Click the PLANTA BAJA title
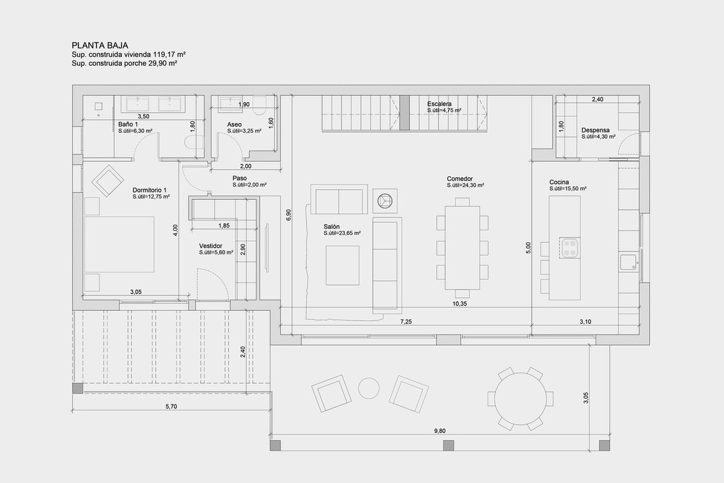tap(100, 45)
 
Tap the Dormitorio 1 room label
tap(150, 190)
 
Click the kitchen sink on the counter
tap(628, 263)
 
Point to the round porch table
tap(520, 398)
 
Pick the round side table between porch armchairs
tap(369, 388)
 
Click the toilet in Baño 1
tap(194, 142)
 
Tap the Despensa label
tap(595, 130)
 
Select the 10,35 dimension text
tap(459, 304)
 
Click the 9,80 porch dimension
tap(440, 430)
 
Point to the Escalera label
tap(439, 104)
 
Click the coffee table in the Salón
tap(342, 265)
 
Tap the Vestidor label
tap(211, 246)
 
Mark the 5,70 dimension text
tap(171, 407)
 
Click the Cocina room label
tap(559, 182)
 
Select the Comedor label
tap(460, 179)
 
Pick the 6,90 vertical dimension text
tap(288, 215)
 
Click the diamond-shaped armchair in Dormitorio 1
tap(107, 181)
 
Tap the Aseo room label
tap(234, 124)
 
